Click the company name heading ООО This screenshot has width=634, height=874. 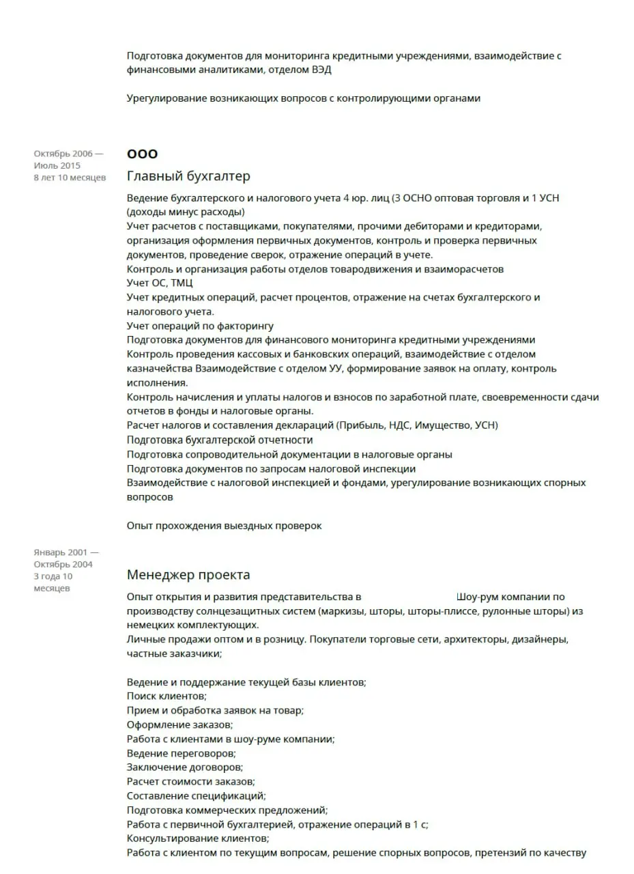coord(142,154)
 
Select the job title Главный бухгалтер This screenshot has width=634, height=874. coord(188,176)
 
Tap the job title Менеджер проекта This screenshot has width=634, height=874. coord(188,574)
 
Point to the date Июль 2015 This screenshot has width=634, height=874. coord(57,166)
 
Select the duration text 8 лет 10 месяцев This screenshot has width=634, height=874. coord(70,178)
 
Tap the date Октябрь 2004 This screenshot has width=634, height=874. coord(63,564)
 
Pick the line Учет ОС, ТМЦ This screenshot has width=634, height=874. coord(160,283)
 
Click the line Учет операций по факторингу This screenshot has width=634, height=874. coord(200,326)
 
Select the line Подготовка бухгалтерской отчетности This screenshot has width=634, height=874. coord(220,440)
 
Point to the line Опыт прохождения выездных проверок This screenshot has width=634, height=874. coord(224,526)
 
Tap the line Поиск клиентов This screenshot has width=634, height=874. coord(167,696)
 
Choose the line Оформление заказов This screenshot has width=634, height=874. coord(179,724)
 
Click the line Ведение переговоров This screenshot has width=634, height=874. coord(181,753)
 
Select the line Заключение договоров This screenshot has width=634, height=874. coord(184,767)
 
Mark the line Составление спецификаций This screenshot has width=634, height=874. coord(196,795)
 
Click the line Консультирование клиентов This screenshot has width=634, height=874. coord(198,838)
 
